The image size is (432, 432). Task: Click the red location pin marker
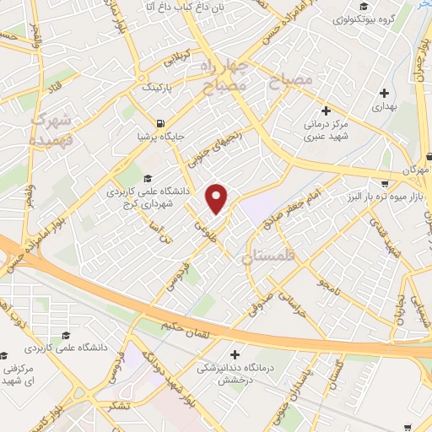coord(218,197)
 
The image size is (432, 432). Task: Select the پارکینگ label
coord(156,86)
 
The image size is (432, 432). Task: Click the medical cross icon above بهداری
coord(385,93)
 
